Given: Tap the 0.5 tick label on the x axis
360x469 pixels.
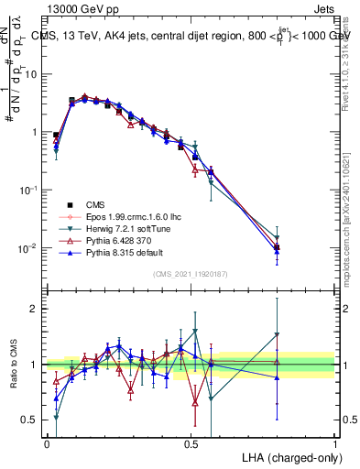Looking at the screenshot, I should [x=191, y=442].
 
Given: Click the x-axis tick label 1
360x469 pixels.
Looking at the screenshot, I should [x=335, y=442].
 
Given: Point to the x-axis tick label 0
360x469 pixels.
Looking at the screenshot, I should [x=47, y=442].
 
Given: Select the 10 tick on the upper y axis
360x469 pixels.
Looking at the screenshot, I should [x=33, y=73].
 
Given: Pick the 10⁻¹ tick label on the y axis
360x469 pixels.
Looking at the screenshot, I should [x=30, y=190].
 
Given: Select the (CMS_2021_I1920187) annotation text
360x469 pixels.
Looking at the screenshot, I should [x=191, y=273].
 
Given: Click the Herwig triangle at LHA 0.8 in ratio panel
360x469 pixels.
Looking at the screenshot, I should [x=278, y=334].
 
